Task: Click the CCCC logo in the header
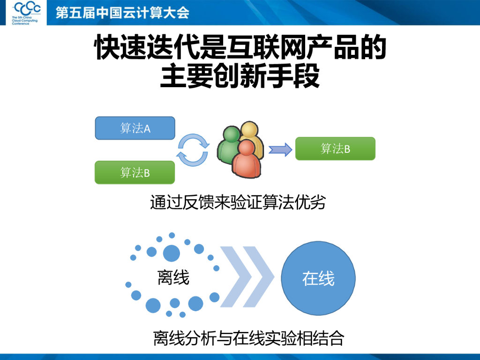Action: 27,8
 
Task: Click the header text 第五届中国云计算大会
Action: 122,12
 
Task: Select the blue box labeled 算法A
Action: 135,128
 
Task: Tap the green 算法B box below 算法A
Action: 135,172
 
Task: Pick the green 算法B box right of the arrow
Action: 335,149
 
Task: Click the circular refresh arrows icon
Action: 193,150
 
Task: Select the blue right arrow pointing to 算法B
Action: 280,150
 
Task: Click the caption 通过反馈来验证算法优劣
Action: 238,203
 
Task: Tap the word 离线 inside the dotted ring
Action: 173,278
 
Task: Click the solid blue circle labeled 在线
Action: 318,278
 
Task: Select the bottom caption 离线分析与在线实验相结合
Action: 248,338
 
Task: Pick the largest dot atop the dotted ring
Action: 171,253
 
